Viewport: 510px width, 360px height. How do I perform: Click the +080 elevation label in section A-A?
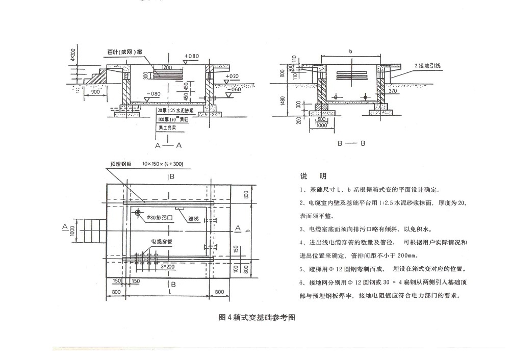192,56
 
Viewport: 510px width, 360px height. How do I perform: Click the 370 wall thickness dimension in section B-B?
393,90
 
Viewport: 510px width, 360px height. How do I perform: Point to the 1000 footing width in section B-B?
322,125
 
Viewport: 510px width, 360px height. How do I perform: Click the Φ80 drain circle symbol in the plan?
138,213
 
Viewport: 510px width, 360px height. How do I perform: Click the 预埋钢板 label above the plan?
121,164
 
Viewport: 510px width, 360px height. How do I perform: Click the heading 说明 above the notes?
313,176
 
